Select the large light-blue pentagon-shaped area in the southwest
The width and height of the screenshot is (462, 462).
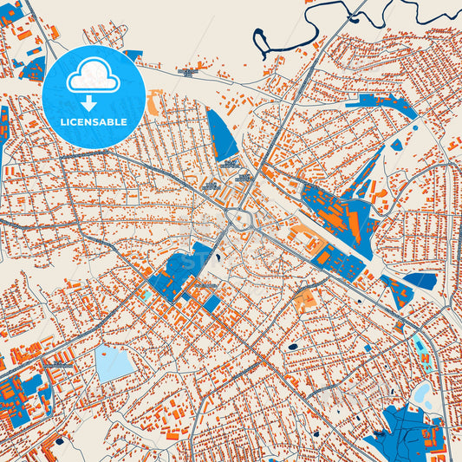(x=113, y=363)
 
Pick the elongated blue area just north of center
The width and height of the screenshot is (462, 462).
(x=223, y=135)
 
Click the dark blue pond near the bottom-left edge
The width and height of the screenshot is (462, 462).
(x=60, y=441)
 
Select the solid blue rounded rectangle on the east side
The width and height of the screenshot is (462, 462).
(x=421, y=280)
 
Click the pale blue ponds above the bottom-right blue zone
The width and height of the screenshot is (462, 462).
(x=423, y=395)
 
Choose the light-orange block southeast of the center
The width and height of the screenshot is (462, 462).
(x=304, y=301)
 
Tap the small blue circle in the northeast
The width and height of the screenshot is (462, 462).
(x=415, y=129)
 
